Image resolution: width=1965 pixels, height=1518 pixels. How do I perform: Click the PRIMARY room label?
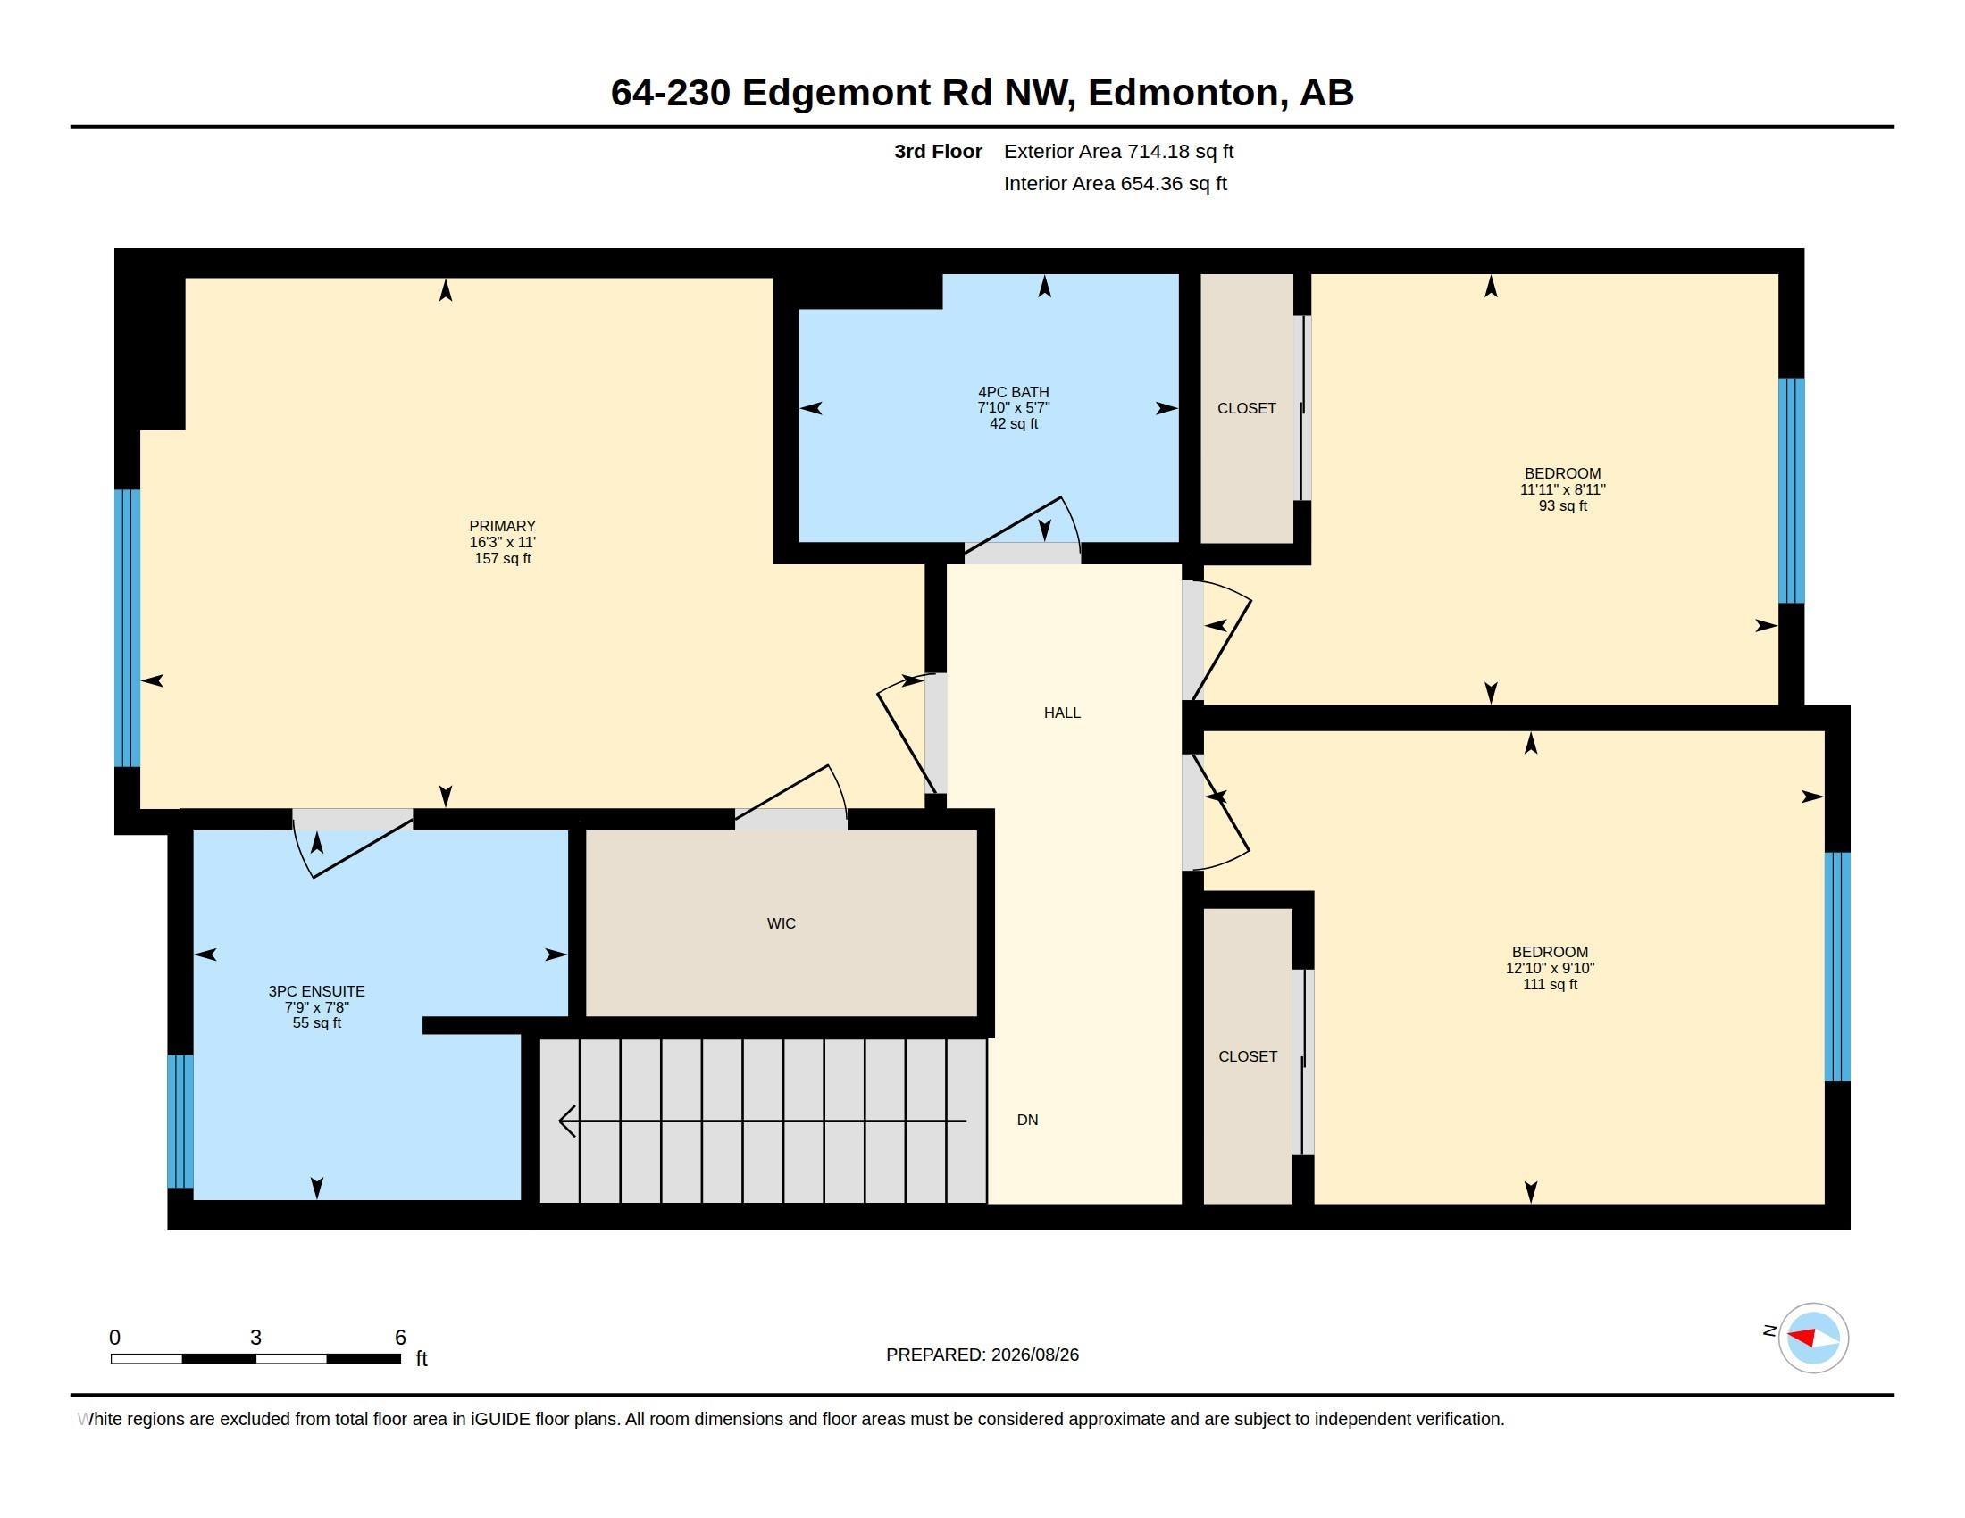point(502,526)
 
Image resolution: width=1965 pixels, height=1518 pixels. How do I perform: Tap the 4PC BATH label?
point(1013,392)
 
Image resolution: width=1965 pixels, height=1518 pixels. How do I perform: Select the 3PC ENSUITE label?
point(316,991)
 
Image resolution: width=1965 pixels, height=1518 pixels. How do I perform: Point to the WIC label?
point(781,923)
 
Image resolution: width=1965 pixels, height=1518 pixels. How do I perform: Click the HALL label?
point(1062,713)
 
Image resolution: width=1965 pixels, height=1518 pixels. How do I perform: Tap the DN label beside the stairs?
point(1027,1121)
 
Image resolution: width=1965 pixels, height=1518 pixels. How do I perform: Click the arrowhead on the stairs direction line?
point(567,1122)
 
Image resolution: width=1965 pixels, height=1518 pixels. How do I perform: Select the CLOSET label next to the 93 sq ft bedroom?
point(1246,408)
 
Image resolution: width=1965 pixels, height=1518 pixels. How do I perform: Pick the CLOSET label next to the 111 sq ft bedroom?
point(1247,1056)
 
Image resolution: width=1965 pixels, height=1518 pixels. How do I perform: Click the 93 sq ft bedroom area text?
point(1562,506)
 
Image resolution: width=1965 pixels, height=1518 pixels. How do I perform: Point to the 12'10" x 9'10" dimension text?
point(1550,969)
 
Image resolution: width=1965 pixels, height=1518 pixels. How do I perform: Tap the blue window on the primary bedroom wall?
point(128,628)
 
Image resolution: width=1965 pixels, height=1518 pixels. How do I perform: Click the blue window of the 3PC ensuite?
point(180,1122)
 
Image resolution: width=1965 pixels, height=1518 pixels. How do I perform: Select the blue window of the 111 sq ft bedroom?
point(1837,967)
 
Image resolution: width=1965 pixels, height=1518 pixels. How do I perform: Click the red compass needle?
point(1802,1337)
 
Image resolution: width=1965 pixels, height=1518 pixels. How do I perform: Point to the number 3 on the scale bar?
point(255,1338)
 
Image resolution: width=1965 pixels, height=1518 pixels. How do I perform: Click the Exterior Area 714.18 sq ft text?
point(1118,151)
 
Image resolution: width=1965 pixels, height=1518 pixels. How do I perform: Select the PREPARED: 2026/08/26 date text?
point(982,1355)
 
